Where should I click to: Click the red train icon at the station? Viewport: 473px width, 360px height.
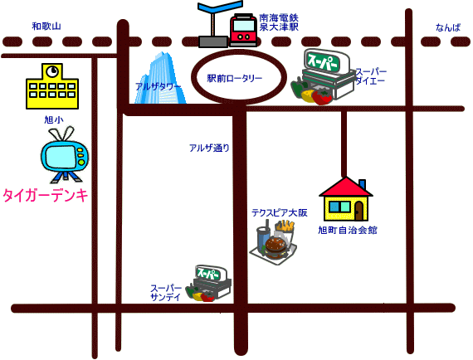[243, 30]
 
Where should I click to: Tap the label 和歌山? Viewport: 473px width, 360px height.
[46, 27]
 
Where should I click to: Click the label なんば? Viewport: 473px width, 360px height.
[448, 27]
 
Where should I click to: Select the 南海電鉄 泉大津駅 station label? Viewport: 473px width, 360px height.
[279, 22]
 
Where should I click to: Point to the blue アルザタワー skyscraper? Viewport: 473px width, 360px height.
[160, 79]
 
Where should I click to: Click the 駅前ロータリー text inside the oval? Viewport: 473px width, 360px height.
[234, 79]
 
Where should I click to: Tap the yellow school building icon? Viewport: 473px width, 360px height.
[52, 86]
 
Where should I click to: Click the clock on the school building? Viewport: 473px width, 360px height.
[52, 71]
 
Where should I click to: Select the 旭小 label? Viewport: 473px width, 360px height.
[54, 119]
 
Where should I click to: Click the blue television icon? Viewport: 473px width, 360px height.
[65, 155]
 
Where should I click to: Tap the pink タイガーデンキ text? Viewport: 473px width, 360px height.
[46, 195]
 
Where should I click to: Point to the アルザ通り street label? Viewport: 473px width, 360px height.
[209, 148]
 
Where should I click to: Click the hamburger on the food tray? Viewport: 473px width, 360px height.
[276, 247]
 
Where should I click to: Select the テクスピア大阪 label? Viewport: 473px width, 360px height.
[280, 213]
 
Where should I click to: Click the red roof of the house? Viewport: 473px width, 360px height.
[346, 187]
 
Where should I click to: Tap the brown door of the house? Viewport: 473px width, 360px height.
[359, 211]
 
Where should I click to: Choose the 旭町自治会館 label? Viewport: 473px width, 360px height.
[348, 230]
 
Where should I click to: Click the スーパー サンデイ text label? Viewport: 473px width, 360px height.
[166, 293]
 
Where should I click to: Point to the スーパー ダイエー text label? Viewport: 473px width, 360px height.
[371, 76]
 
